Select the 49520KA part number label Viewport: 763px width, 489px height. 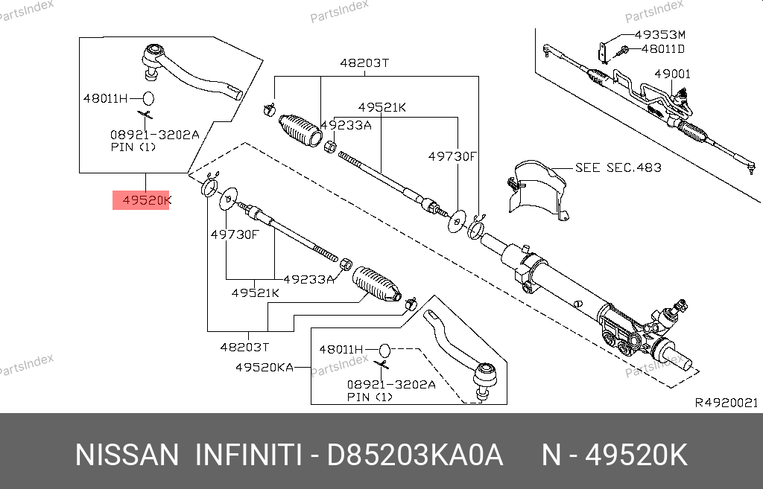point(265,368)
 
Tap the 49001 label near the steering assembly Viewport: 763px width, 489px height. point(673,74)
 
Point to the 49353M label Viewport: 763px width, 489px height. point(660,34)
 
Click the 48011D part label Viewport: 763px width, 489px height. point(662,49)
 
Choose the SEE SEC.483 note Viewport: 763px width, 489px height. point(618,167)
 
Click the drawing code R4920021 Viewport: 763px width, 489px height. point(726,403)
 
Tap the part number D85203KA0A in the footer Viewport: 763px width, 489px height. point(414,456)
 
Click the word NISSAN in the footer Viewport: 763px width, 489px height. point(127,456)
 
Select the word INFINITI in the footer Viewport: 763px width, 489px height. point(248,456)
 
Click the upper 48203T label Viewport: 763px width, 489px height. point(364,63)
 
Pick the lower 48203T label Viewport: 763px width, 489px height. point(244,347)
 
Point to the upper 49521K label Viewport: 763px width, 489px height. point(382,107)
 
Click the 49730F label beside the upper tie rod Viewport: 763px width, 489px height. point(452,156)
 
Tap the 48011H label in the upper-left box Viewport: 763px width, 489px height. point(105,98)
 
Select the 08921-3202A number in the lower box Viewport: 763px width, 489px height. point(391,385)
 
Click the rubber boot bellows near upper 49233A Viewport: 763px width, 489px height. point(300,130)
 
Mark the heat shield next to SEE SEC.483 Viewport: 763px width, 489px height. point(538,190)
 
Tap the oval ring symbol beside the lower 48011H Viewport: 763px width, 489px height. point(384,350)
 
